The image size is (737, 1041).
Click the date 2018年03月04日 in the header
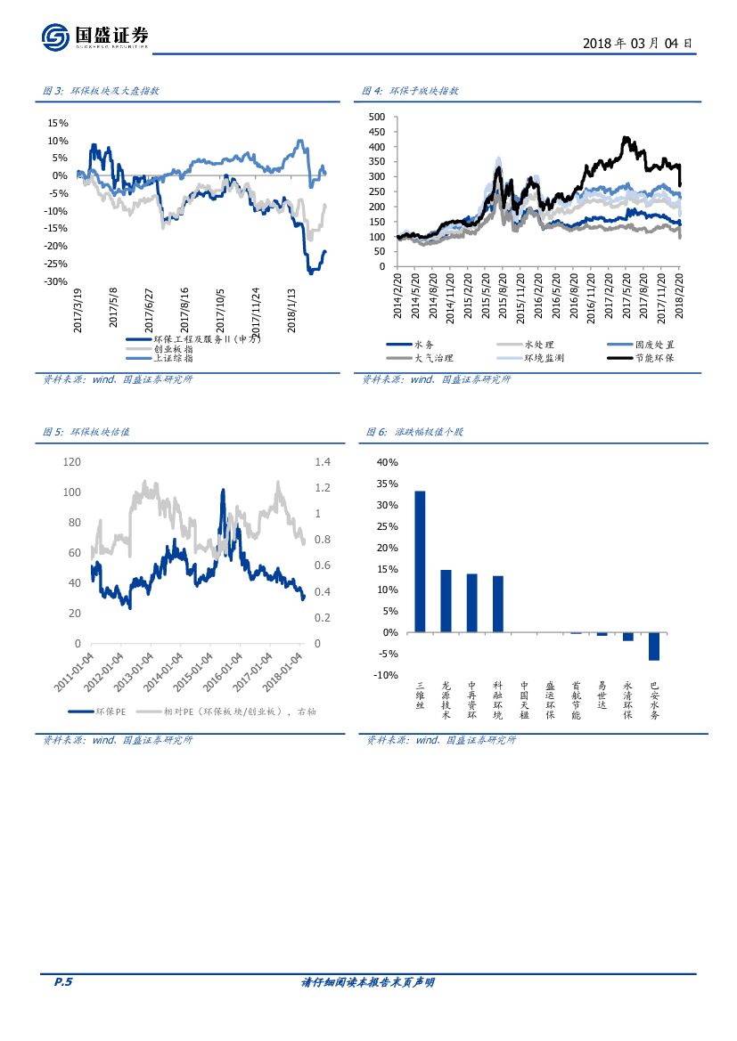tap(636, 43)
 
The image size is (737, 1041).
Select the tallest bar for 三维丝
tap(420, 561)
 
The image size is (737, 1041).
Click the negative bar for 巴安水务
tap(653, 647)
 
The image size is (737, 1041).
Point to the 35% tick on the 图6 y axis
tap(388, 484)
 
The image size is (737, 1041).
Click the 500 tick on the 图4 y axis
tap(376, 117)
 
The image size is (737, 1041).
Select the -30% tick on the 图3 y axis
tap(56, 281)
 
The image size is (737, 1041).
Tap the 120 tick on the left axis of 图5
tap(72, 462)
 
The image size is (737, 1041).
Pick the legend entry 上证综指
tap(173, 359)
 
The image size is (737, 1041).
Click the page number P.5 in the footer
tap(63, 982)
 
